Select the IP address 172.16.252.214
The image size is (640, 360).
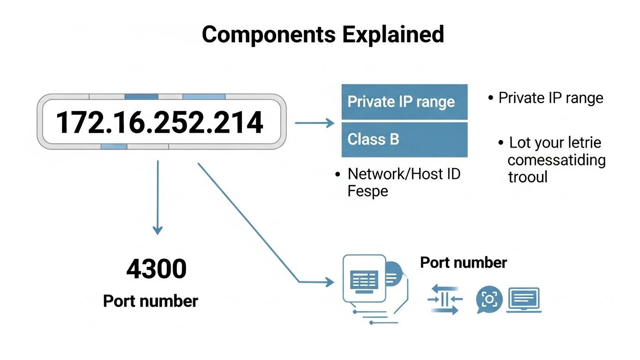point(160,122)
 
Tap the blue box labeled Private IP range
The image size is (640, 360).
point(404,102)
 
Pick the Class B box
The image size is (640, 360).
point(404,139)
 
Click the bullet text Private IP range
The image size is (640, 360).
point(550,98)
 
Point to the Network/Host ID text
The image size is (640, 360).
point(404,174)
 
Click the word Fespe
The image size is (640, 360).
point(368,191)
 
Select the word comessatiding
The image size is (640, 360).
point(557,160)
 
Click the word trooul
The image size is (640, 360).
point(527,177)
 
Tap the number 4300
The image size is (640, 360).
point(156,269)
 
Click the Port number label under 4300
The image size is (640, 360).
point(151,300)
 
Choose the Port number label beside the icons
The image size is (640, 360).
point(463,262)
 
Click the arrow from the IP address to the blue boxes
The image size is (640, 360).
point(314,123)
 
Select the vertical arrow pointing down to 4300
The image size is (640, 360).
point(158,197)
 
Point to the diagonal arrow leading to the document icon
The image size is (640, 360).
point(248,223)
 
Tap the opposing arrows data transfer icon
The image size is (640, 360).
point(445,299)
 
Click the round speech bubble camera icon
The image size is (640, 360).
point(489,299)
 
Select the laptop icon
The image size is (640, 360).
point(524,300)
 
